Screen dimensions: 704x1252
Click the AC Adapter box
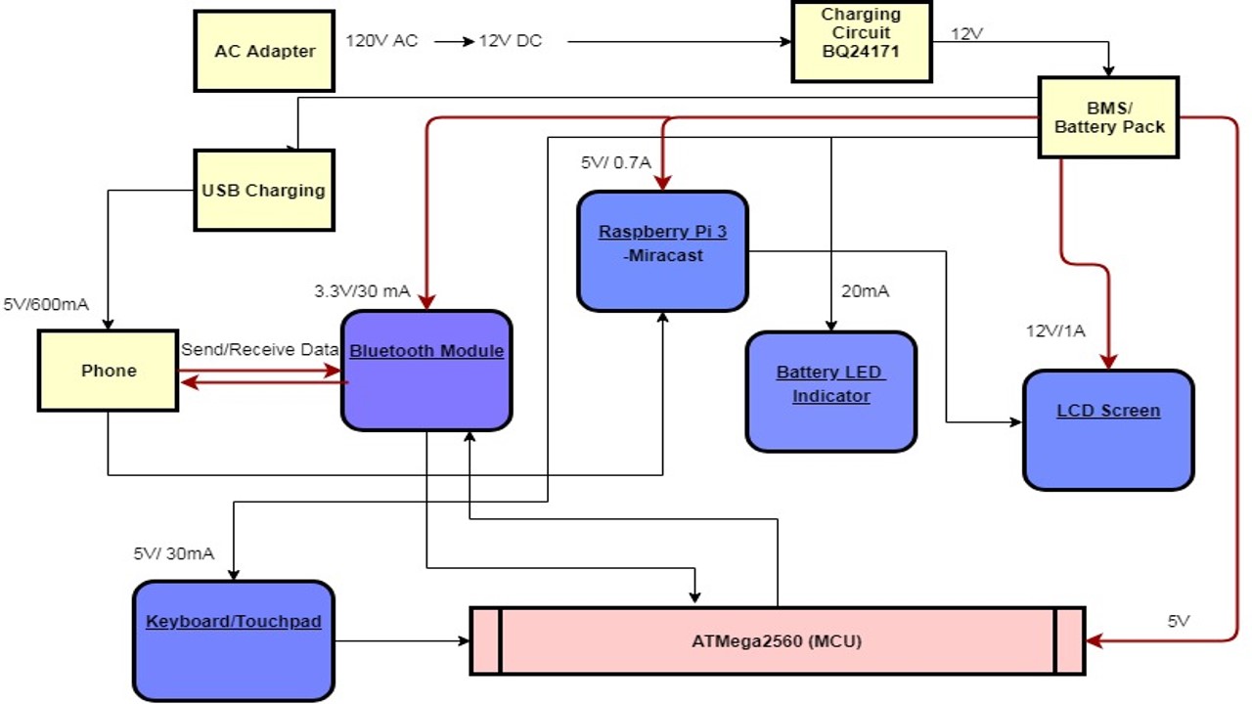[264, 51]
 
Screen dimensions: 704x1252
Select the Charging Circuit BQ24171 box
[861, 41]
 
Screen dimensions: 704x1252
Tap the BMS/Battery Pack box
[1108, 117]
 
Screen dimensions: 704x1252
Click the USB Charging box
[264, 190]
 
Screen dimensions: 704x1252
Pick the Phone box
[108, 371]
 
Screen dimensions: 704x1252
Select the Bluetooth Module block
[426, 371]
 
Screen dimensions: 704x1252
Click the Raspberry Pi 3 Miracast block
[663, 251]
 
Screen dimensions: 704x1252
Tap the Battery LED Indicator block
[831, 391]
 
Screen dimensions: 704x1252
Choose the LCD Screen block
[1108, 429]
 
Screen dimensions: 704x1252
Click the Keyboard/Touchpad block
[234, 640]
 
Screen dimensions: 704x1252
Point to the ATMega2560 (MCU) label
[778, 641]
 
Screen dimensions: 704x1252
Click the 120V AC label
[381, 42]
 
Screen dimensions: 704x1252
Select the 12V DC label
[510, 42]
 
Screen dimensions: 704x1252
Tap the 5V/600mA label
[46, 304]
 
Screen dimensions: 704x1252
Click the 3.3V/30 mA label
[362, 291]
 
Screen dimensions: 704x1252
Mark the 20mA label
[865, 291]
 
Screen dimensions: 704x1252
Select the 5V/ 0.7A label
[615, 163]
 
